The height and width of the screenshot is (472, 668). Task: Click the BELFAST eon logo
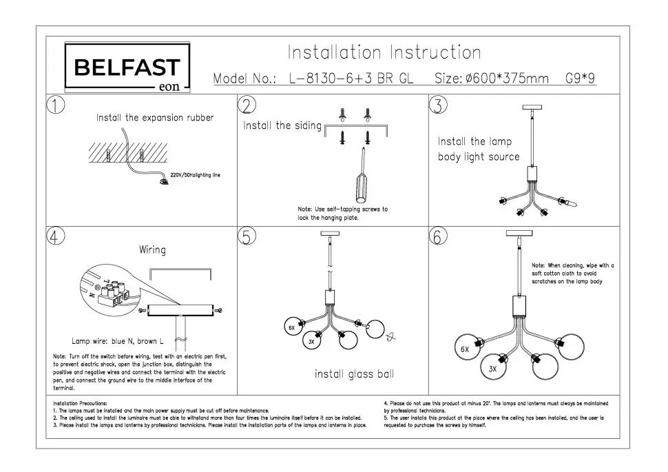coord(127,68)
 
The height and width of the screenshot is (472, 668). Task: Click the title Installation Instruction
coord(384,52)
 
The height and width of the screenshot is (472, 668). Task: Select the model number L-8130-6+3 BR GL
coord(351,79)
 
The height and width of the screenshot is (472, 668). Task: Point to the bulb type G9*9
coord(580,79)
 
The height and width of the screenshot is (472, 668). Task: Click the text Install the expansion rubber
coord(155,118)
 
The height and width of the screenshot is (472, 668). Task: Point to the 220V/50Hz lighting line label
coord(195,175)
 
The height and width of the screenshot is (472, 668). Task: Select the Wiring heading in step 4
coord(152,249)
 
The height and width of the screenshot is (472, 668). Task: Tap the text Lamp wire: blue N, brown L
coord(118,341)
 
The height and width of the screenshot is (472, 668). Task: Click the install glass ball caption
coord(354,374)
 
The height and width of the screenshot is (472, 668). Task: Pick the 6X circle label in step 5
coord(291,329)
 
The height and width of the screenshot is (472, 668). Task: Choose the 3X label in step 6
coord(492,369)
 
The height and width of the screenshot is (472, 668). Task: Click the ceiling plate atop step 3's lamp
coord(532,107)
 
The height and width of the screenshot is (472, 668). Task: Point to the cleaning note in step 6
coord(572,274)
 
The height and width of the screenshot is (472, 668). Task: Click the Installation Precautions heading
coord(80,402)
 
